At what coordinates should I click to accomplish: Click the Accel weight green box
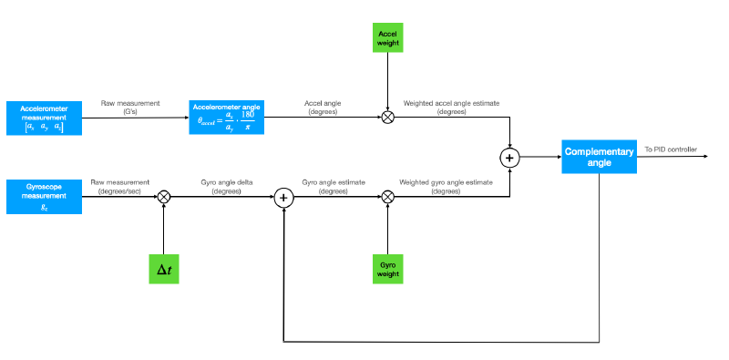coord(388,37)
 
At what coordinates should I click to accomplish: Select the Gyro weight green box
coord(388,268)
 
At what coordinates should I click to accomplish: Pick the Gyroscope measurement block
coord(44,196)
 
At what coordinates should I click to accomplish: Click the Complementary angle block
coord(598,157)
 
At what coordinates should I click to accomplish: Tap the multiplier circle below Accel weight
coord(388,118)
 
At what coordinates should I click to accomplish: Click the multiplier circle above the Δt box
coord(164,196)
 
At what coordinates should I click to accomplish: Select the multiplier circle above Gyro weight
coord(388,196)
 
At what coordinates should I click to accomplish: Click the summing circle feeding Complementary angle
coord(509,157)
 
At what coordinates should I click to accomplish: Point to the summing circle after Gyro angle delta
coord(283,196)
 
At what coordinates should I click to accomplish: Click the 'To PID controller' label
coord(671,149)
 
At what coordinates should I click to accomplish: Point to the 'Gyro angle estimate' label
coord(334,187)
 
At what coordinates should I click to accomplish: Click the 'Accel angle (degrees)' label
coord(323,108)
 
